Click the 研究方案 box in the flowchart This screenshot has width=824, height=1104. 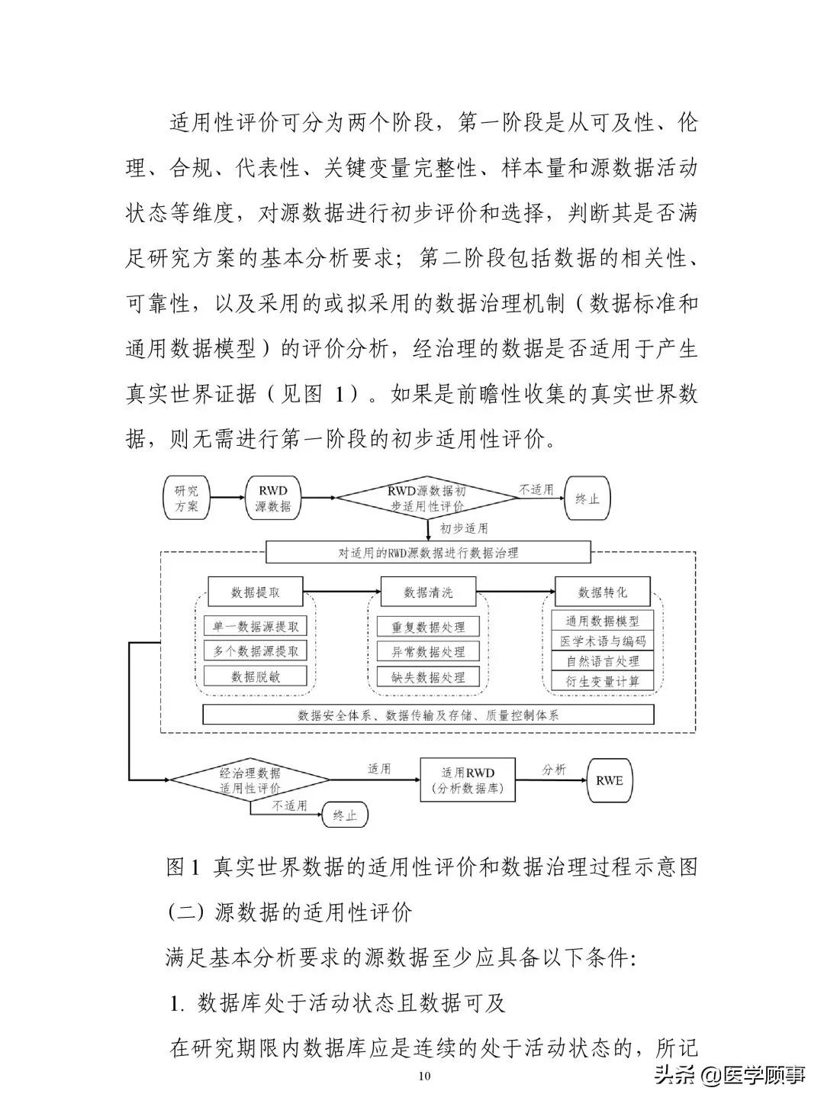coord(186,498)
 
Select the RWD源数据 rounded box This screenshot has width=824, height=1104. coord(273,498)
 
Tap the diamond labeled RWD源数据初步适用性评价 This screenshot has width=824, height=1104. coord(427,498)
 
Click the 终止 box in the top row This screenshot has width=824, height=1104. coord(587,498)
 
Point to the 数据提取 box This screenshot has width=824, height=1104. coord(256,592)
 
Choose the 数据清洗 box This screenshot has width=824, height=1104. coord(428,592)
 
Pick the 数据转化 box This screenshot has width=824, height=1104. coord(603,592)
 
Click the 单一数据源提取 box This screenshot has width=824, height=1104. coord(256,626)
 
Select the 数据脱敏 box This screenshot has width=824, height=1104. coord(256,676)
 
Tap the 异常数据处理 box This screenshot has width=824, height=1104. coord(428,652)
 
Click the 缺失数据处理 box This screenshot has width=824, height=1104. coord(428,677)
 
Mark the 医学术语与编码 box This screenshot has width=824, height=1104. coord(603,641)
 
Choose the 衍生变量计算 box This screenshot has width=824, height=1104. coord(603,680)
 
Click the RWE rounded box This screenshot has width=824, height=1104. coord(610,780)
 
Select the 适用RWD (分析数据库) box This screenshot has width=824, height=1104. coord(468,780)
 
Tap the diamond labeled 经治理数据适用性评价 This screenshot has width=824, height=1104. coord(249,780)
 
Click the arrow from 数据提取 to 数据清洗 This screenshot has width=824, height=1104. coord(342,592)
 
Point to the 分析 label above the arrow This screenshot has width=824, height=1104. coord(554,769)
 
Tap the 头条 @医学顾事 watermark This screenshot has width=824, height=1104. coord(729,1074)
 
